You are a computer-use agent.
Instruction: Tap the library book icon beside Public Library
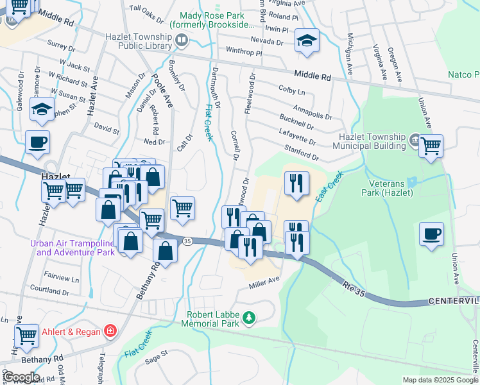[x=182, y=42]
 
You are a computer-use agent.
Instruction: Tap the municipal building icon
[x=414, y=140]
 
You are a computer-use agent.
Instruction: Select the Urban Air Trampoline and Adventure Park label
[x=72, y=248]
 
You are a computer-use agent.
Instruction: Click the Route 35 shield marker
[x=187, y=241]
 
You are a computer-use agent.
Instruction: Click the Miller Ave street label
[x=265, y=281]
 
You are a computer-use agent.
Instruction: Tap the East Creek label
[x=331, y=186]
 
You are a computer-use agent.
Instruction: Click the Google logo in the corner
[x=21, y=377]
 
